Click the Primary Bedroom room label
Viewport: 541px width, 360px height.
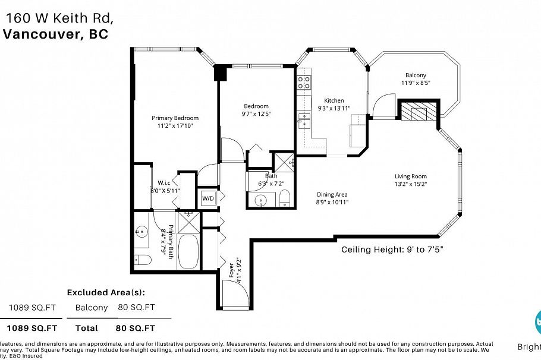click(x=175, y=118)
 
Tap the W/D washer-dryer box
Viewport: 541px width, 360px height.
click(x=208, y=198)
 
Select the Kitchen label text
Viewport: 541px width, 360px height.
click(x=334, y=100)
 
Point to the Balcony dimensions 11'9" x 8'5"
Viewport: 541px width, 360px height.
click(x=416, y=83)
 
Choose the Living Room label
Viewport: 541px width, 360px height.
click(x=411, y=176)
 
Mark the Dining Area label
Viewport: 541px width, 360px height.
click(x=332, y=194)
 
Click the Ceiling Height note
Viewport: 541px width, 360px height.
click(x=392, y=250)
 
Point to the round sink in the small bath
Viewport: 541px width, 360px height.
click(x=262, y=200)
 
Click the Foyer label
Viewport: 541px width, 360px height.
click(x=232, y=270)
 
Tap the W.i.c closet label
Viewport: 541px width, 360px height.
click(x=164, y=182)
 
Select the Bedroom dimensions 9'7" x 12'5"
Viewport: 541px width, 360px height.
click(x=256, y=113)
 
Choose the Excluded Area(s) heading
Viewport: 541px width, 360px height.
click(x=105, y=292)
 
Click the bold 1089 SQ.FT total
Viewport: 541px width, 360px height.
click(x=32, y=328)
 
